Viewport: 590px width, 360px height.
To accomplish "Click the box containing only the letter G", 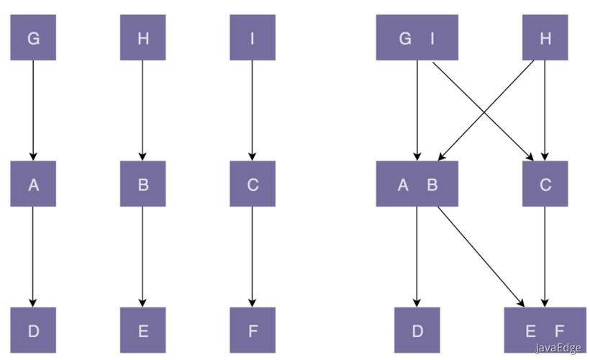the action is pos(33,37).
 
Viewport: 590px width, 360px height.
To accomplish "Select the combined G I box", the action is pos(417,37).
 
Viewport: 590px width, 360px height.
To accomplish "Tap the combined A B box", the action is pos(417,184).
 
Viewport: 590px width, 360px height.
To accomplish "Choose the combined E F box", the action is pos(545,330).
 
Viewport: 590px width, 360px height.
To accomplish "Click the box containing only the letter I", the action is pos(253,37).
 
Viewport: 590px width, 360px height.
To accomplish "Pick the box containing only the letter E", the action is pos(142,330).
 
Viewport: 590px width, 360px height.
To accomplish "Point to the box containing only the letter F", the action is pos(253,330).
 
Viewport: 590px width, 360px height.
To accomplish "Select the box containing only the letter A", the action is pos(33,184).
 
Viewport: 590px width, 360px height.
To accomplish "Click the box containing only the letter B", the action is pos(142,184).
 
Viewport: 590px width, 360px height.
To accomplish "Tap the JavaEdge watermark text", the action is pos(558,347).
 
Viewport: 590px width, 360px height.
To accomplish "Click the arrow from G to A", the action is pos(33,111).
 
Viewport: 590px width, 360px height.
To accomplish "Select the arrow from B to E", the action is pos(142,257).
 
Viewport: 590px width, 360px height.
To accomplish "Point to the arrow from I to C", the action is pos(252,111).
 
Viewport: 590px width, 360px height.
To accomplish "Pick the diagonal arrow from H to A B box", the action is pos(486,111).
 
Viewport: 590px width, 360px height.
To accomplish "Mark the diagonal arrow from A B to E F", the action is pos(481,257).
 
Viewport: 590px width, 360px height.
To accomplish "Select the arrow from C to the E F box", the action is pos(545,257).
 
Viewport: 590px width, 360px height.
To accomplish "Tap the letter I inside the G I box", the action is pos(432,38).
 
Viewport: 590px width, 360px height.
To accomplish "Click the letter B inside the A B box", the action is pos(432,185).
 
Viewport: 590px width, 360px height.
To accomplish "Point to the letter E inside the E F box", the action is pos(530,331).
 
